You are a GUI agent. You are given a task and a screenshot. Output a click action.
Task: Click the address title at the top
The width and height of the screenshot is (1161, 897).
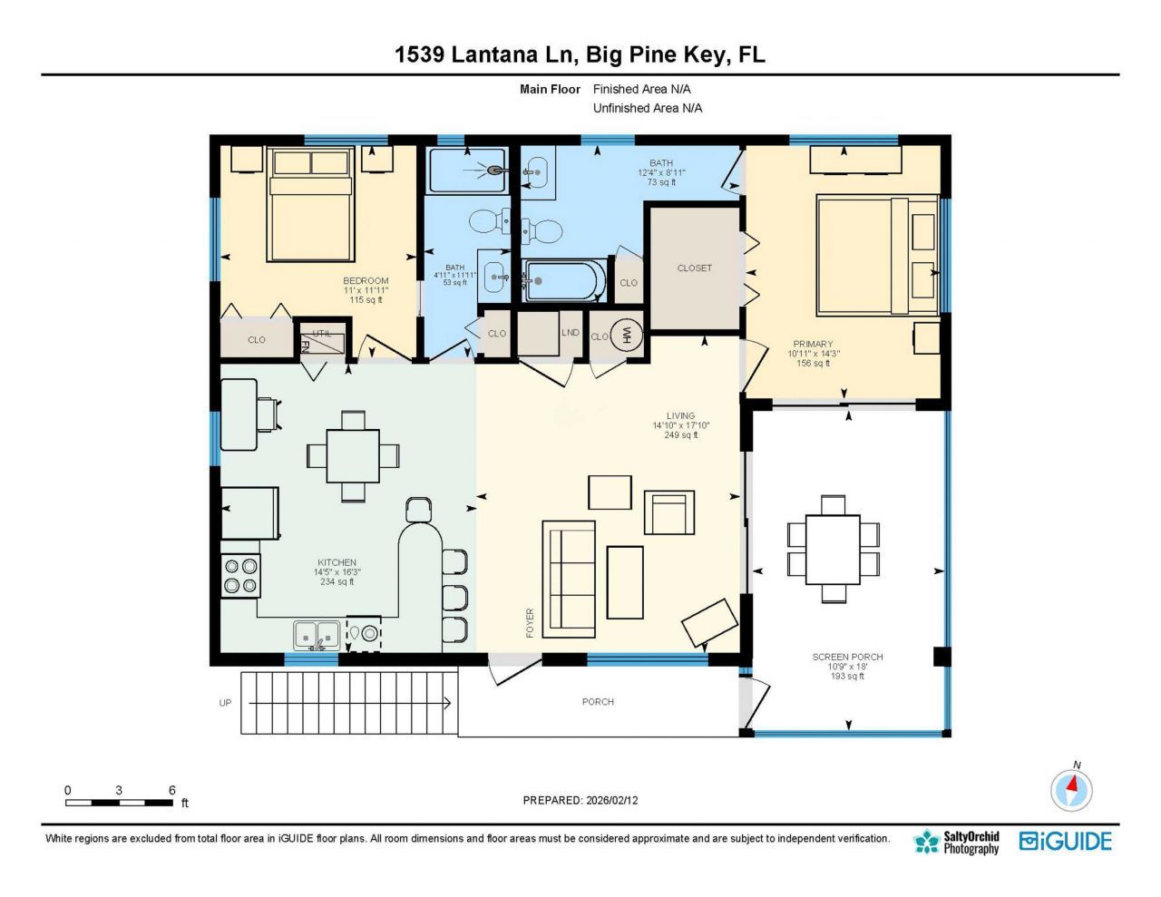(x=580, y=54)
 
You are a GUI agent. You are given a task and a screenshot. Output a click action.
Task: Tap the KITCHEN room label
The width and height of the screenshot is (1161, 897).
(x=337, y=562)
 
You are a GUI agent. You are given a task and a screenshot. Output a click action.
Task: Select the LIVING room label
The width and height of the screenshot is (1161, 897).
(x=680, y=416)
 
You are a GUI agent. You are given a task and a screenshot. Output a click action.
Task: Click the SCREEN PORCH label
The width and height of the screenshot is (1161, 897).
(x=847, y=657)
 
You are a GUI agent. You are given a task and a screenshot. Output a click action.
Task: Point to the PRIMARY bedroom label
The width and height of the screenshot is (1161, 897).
(x=813, y=345)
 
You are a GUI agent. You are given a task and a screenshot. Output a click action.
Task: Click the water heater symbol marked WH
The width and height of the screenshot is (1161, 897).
(x=626, y=336)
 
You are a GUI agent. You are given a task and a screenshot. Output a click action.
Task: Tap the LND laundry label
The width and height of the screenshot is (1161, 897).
(x=570, y=333)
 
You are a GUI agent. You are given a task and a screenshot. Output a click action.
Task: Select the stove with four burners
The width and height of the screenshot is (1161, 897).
(x=240, y=576)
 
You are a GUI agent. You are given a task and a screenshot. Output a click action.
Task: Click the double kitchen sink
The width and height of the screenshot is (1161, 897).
(x=317, y=636)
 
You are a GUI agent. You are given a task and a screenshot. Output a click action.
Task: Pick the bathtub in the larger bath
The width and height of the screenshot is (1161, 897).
(x=563, y=281)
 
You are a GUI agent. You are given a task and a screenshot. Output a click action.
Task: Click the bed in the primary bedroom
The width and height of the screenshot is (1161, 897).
(x=876, y=255)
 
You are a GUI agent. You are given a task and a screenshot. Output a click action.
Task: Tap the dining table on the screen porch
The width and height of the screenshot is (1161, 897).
(x=833, y=550)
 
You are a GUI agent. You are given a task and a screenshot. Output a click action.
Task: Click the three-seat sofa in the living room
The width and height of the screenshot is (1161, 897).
(x=569, y=577)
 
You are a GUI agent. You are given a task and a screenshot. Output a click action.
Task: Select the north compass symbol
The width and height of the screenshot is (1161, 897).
(x=1071, y=789)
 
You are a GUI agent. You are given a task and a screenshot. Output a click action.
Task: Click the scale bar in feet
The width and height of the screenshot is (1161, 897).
(x=119, y=802)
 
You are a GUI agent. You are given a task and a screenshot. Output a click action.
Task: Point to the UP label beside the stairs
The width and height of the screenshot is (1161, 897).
(x=225, y=703)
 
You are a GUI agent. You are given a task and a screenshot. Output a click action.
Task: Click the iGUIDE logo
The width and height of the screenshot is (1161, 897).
(x=1065, y=842)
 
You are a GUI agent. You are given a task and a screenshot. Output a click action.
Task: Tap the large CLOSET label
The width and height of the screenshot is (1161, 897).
(x=694, y=268)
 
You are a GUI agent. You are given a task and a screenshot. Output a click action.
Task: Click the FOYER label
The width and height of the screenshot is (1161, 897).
(x=530, y=622)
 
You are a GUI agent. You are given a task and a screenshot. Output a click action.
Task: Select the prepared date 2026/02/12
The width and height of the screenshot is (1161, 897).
(x=580, y=800)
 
